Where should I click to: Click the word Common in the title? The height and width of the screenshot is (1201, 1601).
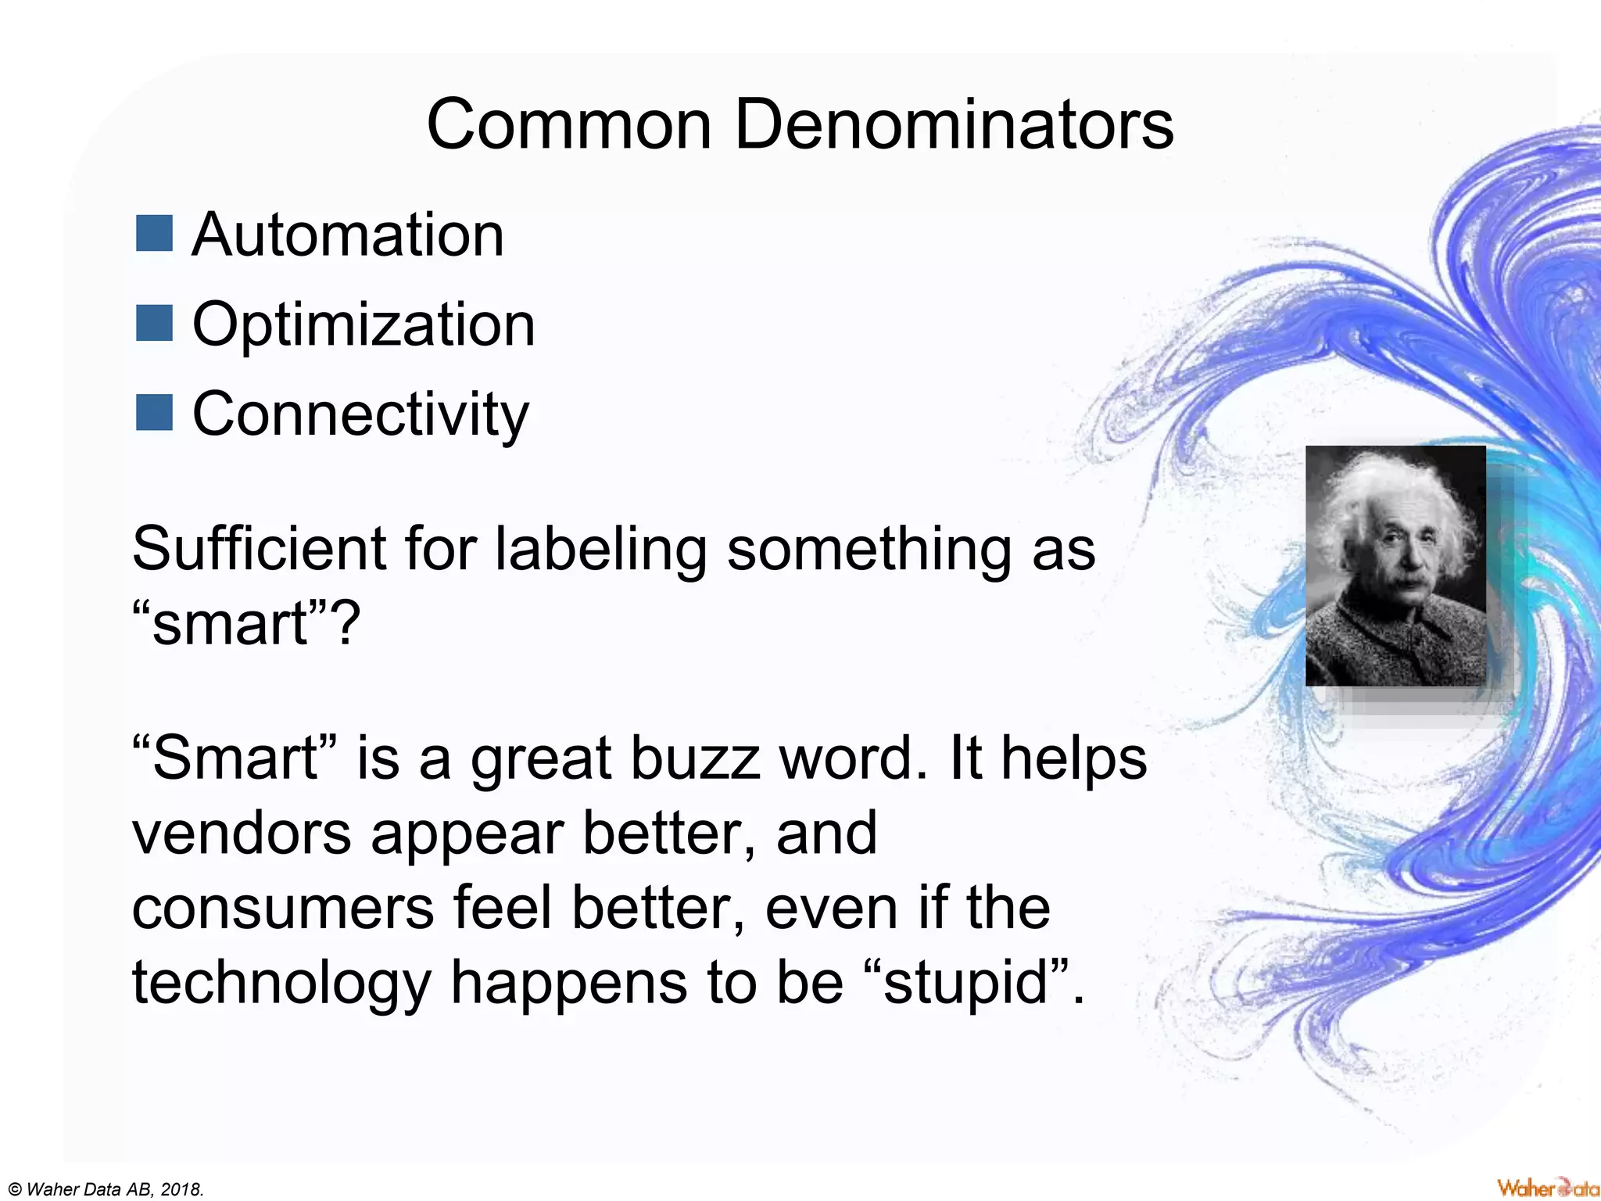click(568, 125)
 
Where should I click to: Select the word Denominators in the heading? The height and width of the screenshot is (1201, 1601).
click(954, 125)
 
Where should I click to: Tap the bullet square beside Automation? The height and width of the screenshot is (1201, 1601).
click(154, 234)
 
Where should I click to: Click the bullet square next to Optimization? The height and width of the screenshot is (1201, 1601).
click(154, 324)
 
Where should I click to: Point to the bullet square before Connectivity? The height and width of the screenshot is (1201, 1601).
click(154, 413)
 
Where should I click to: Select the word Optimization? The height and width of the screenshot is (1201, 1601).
click(364, 325)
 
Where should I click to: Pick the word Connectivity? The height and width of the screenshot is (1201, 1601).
click(360, 414)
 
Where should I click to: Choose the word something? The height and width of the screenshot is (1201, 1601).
click(869, 550)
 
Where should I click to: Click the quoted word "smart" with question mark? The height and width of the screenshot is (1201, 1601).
click(245, 624)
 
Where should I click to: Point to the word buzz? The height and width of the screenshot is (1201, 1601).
click(695, 758)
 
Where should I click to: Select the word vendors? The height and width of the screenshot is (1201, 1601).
click(242, 833)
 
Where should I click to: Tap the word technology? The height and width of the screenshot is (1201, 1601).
click(281, 983)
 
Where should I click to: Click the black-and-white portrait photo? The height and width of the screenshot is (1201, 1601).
click(1395, 565)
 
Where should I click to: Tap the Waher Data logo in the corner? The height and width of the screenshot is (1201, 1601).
click(1547, 1188)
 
